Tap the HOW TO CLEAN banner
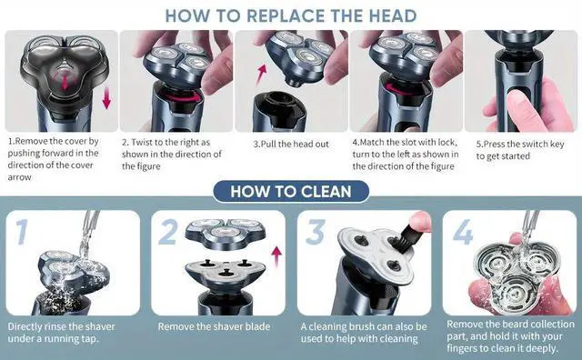pos(291,192)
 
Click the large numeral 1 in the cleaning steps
pos(22,232)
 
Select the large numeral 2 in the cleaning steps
pos(169,232)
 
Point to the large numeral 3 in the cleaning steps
pos(316,232)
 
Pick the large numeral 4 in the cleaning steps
pos(463,232)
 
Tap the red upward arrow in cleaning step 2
pos(276,257)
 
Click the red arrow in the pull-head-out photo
pos(261,75)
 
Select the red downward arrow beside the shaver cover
pos(107,98)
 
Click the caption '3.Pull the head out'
pos(291,144)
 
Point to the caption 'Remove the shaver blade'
pos(214,326)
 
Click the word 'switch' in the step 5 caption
pos(526,144)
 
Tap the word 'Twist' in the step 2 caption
pos(142,142)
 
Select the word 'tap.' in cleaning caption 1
pos(90,339)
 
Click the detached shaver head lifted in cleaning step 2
pos(226,234)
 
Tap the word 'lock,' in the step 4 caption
pos(447,143)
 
